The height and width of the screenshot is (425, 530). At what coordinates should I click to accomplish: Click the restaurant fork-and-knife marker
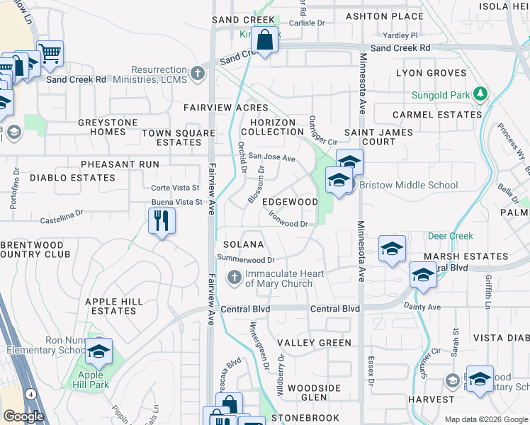162,222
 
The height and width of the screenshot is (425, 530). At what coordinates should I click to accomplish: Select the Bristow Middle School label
409,186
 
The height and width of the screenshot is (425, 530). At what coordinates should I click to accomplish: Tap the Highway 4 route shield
30,394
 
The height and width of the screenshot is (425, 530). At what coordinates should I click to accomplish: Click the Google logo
23,416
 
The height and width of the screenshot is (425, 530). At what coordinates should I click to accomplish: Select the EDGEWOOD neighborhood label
290,202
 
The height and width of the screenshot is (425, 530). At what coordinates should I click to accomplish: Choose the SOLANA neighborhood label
244,244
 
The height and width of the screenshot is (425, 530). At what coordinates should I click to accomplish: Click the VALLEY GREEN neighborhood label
314,343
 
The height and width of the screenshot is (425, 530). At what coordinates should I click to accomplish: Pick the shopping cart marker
50,53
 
